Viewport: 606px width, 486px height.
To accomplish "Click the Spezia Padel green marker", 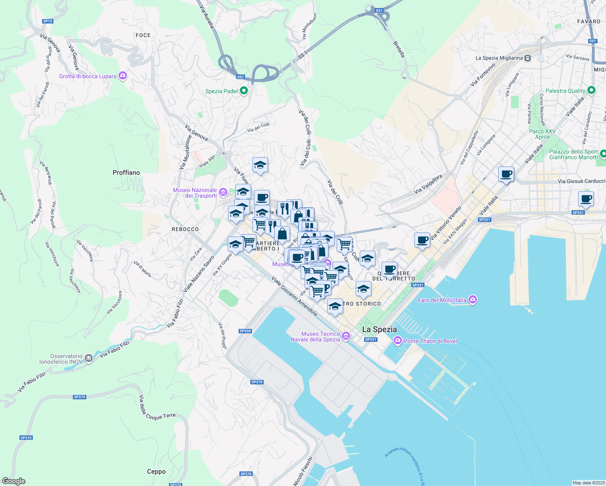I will pyautogui.click(x=243, y=91).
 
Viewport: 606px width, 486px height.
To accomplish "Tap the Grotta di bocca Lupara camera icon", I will pyautogui.click(x=123, y=76).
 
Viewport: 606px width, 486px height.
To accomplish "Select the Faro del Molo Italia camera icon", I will pyautogui.click(x=472, y=300).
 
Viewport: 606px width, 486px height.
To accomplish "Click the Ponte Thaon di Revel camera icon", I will pyautogui.click(x=398, y=341).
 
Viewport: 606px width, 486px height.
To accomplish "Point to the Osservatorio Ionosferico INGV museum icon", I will pyautogui.click(x=88, y=359).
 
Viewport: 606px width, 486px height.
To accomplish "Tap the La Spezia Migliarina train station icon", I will pyautogui.click(x=527, y=58).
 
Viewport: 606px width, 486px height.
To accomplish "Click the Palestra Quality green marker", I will pyautogui.click(x=591, y=90).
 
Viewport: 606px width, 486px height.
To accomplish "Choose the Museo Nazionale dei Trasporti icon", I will pyautogui.click(x=223, y=192).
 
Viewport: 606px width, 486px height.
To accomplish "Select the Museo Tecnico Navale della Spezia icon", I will pyautogui.click(x=346, y=336).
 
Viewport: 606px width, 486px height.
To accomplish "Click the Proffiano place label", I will pyautogui.click(x=126, y=173).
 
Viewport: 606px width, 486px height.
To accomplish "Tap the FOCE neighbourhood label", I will pyautogui.click(x=143, y=35).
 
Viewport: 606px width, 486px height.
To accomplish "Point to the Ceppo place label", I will pyautogui.click(x=156, y=471).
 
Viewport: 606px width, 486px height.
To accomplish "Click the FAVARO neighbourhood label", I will pyautogui.click(x=589, y=21).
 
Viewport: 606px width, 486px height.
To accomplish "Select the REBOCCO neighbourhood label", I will pyautogui.click(x=185, y=229).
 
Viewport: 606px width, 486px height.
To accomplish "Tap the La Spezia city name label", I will pyautogui.click(x=380, y=329).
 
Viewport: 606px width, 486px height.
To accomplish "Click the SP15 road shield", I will pyautogui.click(x=47, y=21).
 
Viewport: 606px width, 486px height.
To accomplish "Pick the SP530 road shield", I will pyautogui.click(x=245, y=331).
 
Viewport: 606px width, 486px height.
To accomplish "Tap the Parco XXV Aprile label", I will pyautogui.click(x=542, y=134).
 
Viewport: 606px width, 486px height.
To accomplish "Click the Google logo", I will pyautogui.click(x=14, y=481).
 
